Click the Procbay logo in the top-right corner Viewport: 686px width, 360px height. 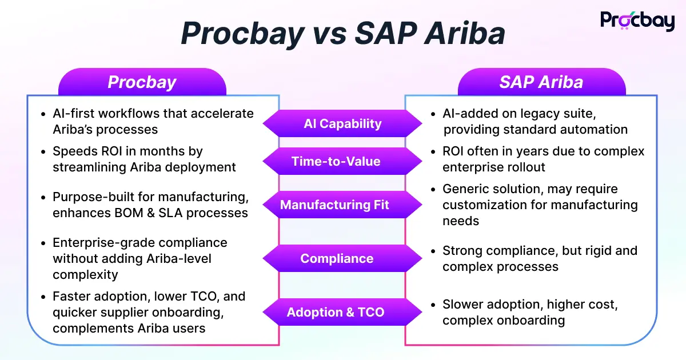tap(637, 21)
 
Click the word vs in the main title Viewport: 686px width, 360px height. tap(329, 34)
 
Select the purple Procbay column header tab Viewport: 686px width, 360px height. tap(142, 82)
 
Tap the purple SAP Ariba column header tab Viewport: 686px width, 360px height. tap(541, 82)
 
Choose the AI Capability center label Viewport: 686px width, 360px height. tap(342, 123)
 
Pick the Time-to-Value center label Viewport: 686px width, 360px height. tap(336, 161)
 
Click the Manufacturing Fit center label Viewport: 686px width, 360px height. tap(334, 205)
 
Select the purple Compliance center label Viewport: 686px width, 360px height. tap(337, 258)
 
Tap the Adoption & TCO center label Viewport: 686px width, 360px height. tap(335, 312)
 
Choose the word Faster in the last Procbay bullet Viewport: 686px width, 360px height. tap(71, 297)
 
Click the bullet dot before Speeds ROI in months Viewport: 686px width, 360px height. tap(43, 152)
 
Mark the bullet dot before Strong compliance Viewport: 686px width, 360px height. tap(433, 251)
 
